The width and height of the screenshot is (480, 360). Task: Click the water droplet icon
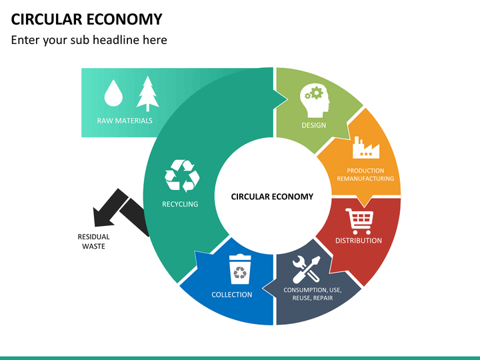[113, 93]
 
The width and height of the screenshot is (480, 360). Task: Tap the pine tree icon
[148, 94]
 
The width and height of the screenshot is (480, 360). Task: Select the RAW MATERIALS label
[125, 121]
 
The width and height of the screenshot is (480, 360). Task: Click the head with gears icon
[315, 101]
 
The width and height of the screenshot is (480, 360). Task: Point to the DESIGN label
[314, 125]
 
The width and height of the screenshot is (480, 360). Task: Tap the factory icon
[366, 147]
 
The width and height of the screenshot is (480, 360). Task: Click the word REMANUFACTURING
[365, 179]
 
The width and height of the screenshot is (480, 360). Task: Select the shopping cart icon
[359, 221]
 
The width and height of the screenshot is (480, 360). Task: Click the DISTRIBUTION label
[359, 241]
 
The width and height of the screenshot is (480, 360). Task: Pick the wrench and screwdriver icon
[307, 269]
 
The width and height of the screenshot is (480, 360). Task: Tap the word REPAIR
[323, 298]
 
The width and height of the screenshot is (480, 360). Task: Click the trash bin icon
[240, 269]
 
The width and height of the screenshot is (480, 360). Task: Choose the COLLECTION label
[232, 295]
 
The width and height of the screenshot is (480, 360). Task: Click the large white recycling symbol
[182, 176]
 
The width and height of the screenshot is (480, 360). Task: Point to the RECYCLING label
[180, 204]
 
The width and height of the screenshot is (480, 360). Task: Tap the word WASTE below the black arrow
[94, 247]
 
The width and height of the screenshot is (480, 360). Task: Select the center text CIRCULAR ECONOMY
[272, 197]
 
